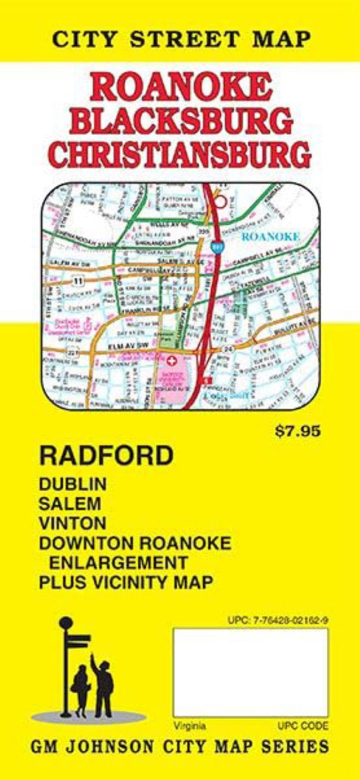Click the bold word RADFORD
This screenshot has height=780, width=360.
coord(106,456)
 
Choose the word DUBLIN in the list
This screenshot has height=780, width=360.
coord(73,484)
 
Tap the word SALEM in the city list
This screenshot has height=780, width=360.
coord(69,503)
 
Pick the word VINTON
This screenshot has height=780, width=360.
coord(72,523)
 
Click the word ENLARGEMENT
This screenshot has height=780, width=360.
coord(118,562)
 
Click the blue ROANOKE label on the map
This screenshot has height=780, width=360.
coord(271,237)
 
